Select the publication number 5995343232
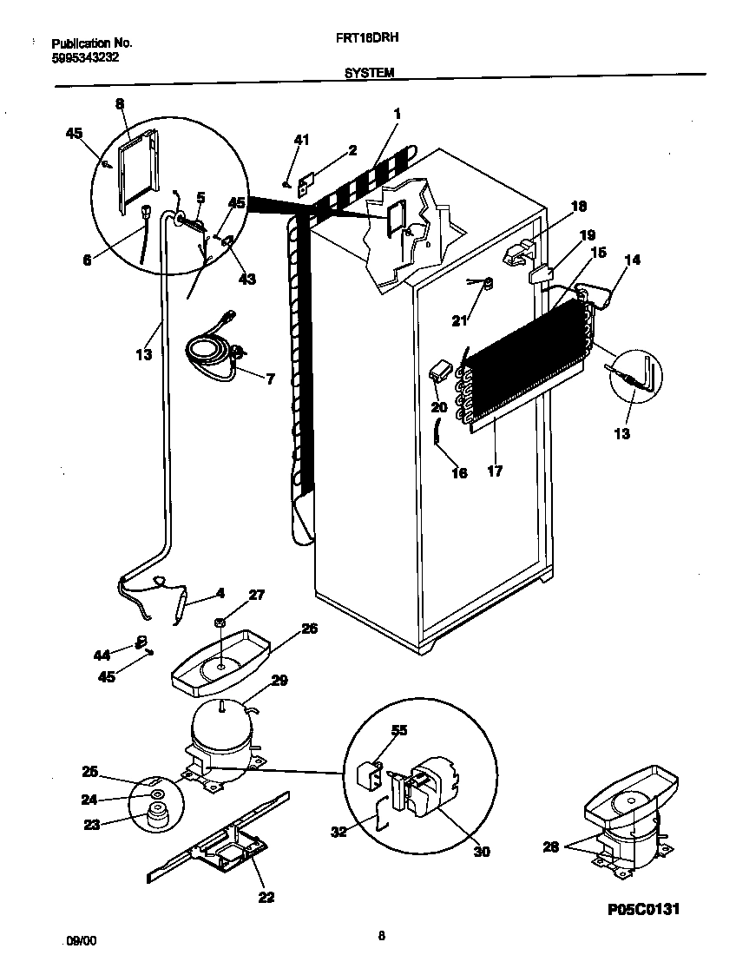coord(86,58)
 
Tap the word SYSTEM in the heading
coord(370,74)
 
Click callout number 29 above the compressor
coord(279,682)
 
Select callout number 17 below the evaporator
coord(495,471)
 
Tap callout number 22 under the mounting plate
coord(266,897)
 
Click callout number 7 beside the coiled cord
coord(270,379)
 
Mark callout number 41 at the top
coord(300,139)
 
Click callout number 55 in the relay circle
coord(399,731)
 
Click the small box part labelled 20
coord(441,372)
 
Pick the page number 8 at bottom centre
coord(381,935)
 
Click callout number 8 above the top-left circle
coord(120,103)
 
